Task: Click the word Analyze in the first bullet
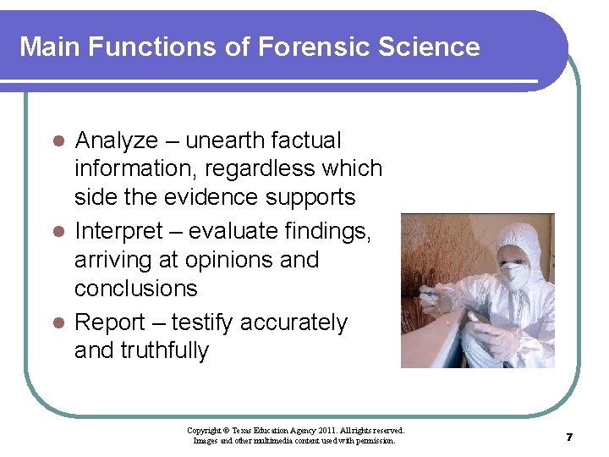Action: pyautogui.click(x=116, y=140)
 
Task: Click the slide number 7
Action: pyautogui.click(x=569, y=437)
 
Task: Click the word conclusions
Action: pyautogui.click(x=135, y=288)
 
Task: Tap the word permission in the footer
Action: pyautogui.click(x=376, y=440)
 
